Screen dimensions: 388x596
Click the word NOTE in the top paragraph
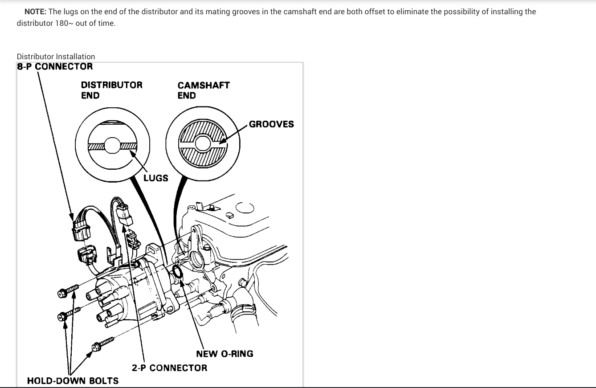(35, 12)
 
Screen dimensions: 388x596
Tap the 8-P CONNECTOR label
(55, 67)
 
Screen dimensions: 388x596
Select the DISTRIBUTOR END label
(111, 90)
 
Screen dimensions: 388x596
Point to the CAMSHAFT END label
(203, 90)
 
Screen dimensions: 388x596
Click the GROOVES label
(271, 124)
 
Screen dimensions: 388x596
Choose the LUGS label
(155, 178)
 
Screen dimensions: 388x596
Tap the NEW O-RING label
(225, 354)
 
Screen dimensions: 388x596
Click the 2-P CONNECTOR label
(169, 368)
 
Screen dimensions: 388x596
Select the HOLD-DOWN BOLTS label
(73, 381)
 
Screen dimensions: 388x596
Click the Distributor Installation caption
(56, 57)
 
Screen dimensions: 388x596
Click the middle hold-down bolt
(69, 314)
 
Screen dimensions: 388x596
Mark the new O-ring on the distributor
(177, 273)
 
